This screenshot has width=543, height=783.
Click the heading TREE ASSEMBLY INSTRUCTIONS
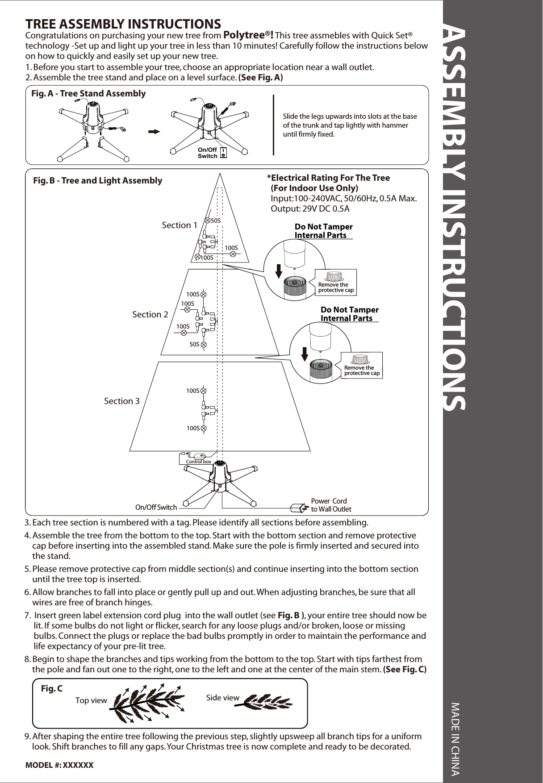(x=123, y=24)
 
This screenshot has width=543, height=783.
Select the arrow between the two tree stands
(x=155, y=132)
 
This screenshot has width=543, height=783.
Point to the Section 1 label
(x=179, y=225)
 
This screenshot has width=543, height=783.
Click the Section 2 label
(x=150, y=314)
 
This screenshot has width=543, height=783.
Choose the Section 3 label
(x=121, y=401)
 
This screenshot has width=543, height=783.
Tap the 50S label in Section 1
(x=216, y=221)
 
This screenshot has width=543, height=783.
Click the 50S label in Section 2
(x=194, y=345)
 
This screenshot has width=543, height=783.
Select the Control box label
(x=198, y=462)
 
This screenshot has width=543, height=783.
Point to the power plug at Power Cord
(x=298, y=508)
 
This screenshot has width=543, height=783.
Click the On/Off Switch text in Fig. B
(x=156, y=507)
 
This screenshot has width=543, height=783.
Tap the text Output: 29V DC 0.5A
(x=310, y=209)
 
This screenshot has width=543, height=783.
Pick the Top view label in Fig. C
(x=91, y=700)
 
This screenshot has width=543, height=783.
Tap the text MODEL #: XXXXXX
(x=59, y=765)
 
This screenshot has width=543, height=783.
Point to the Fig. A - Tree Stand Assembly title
(x=88, y=93)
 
